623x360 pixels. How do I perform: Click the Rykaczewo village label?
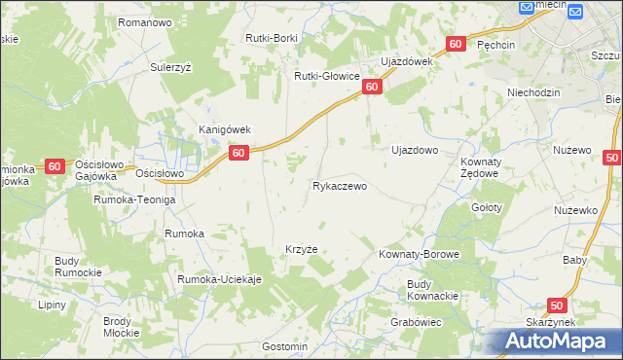pos(339,186)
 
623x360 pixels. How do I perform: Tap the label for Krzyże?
pos(301,249)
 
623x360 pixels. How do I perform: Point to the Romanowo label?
pos(144,21)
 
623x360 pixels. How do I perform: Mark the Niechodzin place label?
pos(535,93)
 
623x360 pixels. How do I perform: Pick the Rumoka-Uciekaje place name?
pos(220,280)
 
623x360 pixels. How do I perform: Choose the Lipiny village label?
pos(52,305)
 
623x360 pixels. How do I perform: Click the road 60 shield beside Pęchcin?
pos(456,45)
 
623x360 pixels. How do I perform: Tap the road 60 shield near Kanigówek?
pos(239,153)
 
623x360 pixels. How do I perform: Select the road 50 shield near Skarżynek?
pos(557,305)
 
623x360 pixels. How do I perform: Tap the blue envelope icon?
pos(574,12)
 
